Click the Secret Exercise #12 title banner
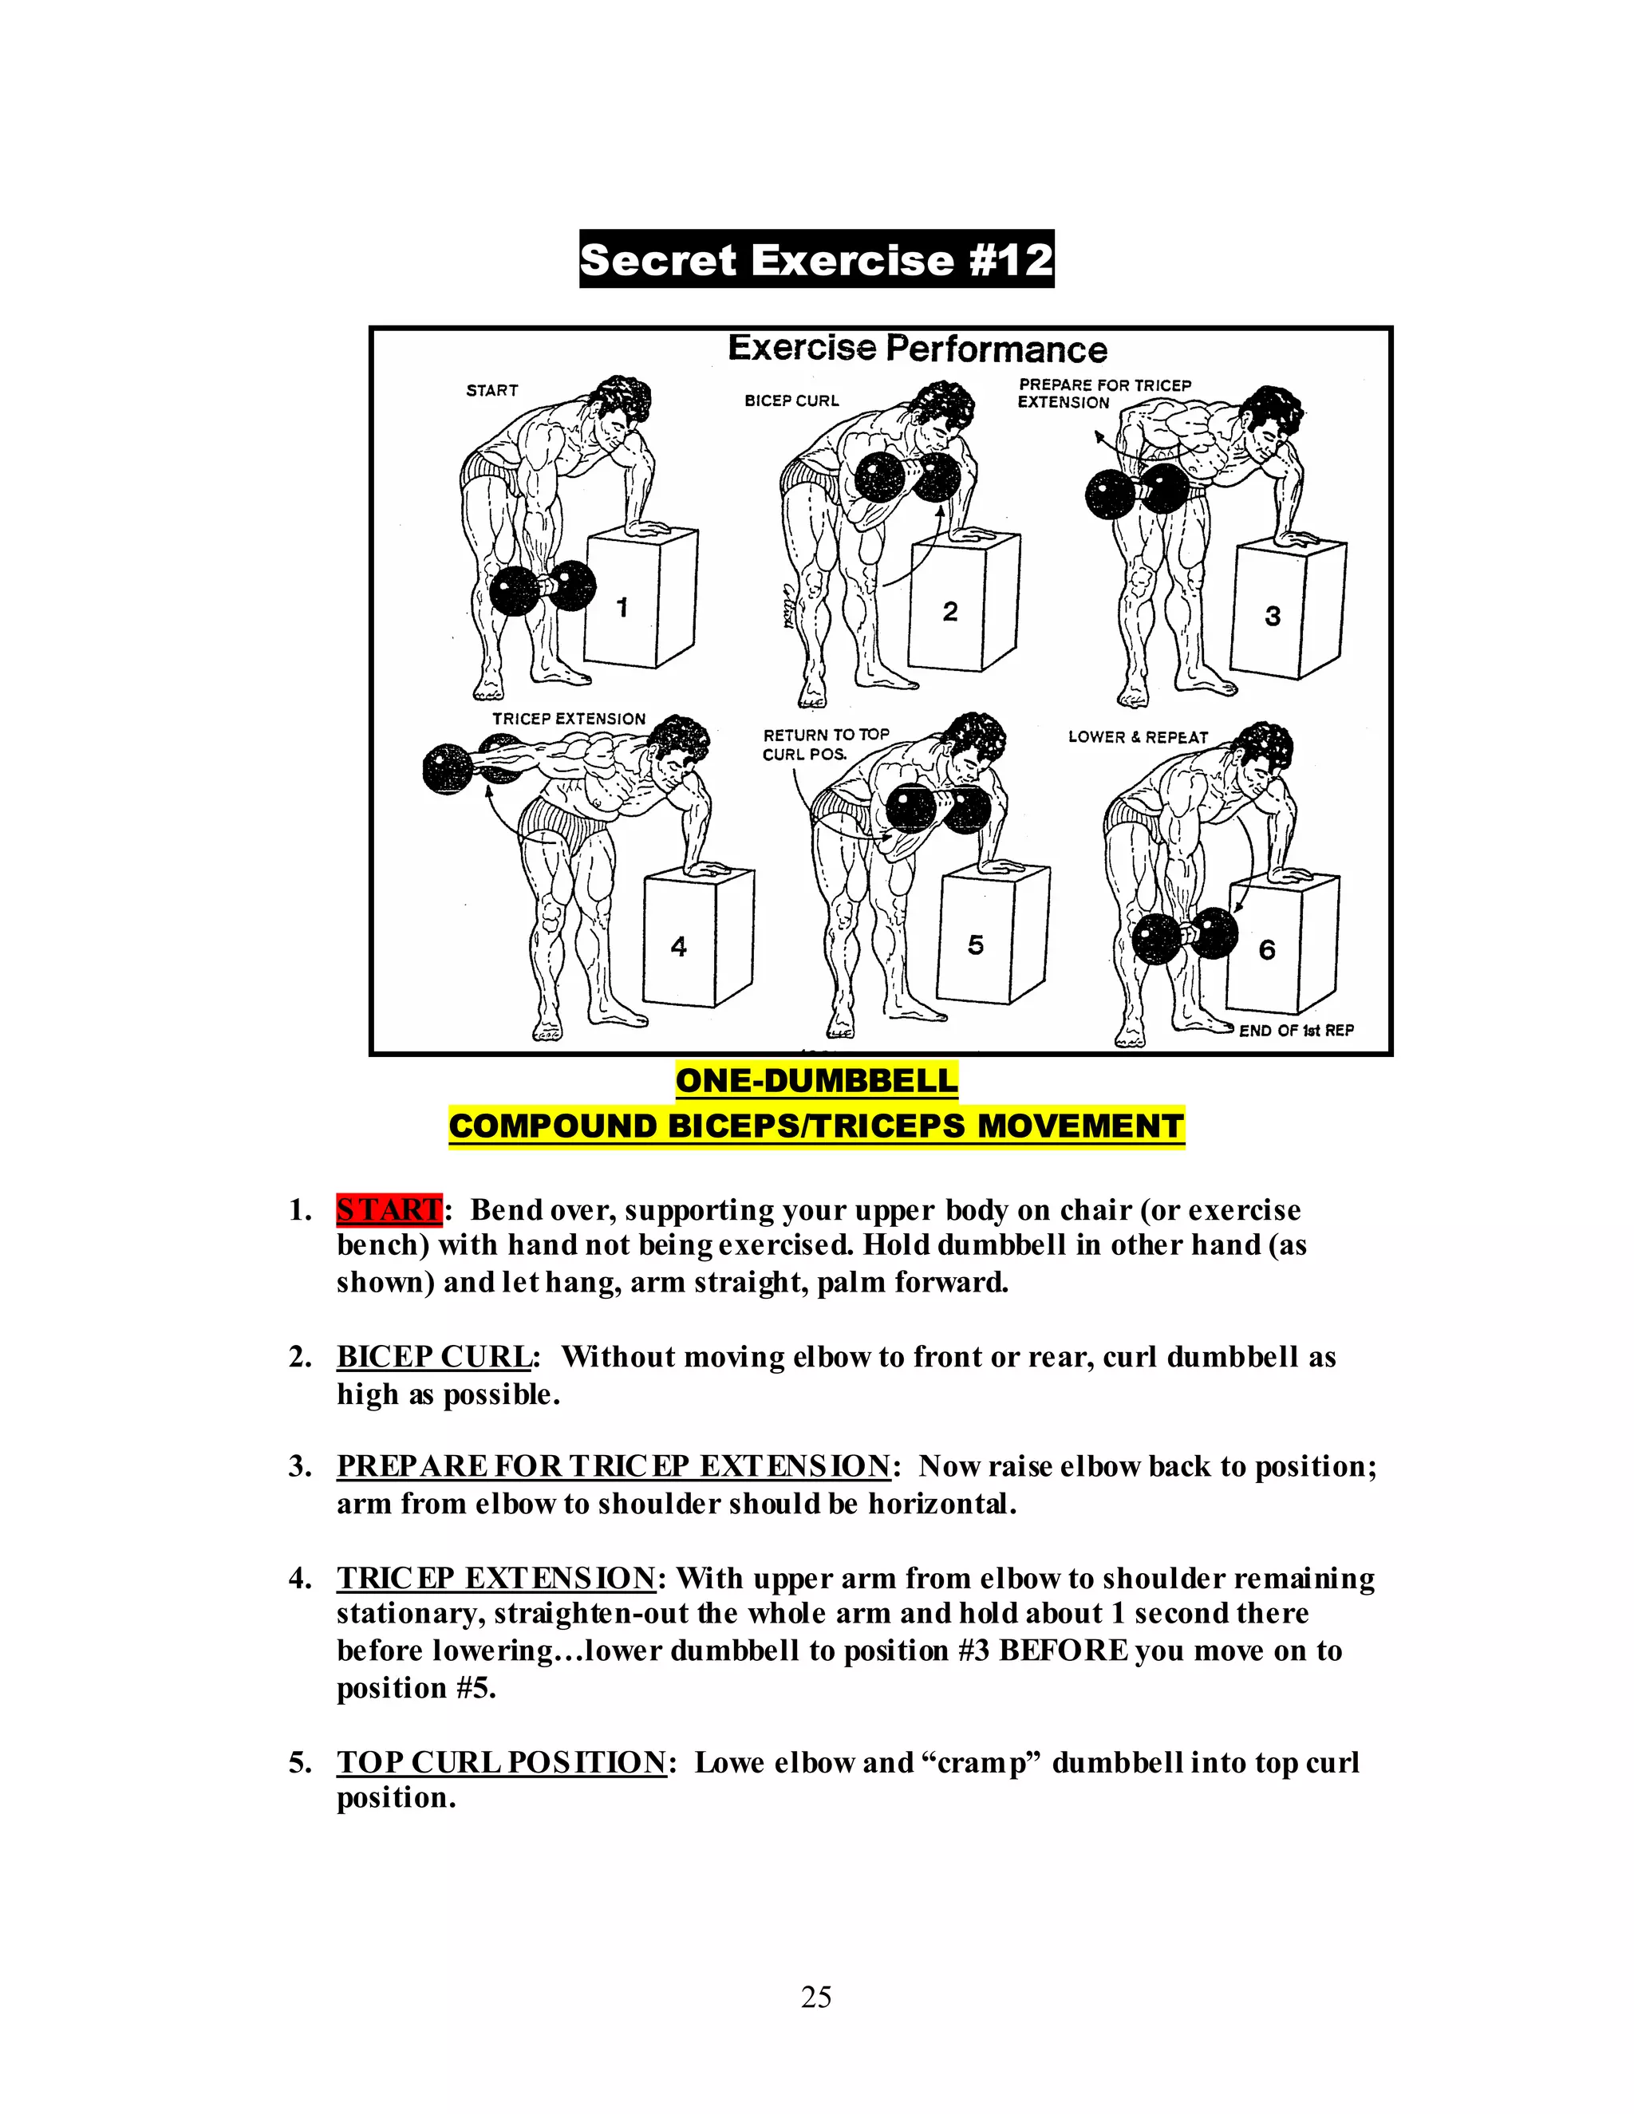816,259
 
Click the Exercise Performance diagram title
917,349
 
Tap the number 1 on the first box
622,607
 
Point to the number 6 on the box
1266,949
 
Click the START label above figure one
491,390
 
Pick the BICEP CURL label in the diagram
791,400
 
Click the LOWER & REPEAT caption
1138,736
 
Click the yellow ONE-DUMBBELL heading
816,1080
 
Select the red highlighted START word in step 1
389,1210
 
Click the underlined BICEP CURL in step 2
432,1357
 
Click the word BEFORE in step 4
1063,1651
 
